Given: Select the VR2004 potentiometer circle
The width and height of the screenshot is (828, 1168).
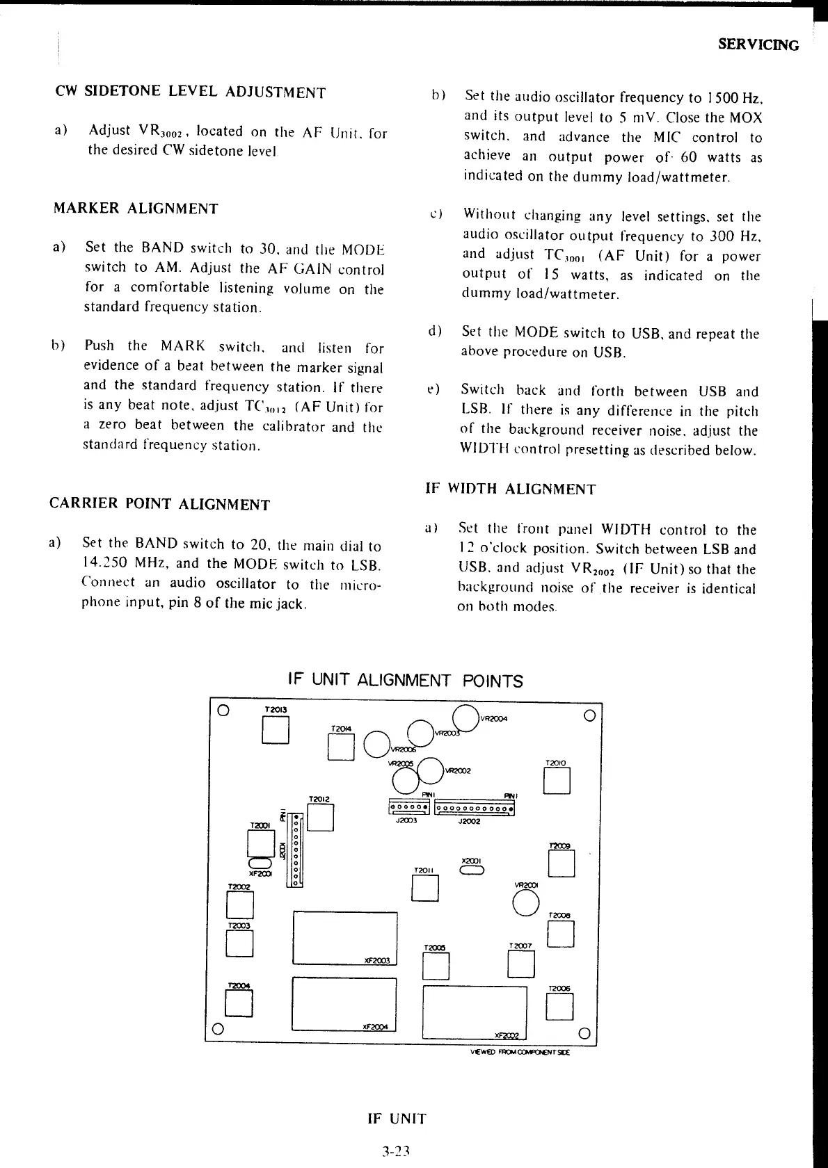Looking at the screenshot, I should tap(465, 718).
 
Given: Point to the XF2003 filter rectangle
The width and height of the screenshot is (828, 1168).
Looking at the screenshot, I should tap(345, 938).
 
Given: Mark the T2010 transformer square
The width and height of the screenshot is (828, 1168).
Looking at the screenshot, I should tap(557, 781).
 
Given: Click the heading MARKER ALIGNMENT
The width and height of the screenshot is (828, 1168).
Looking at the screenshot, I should tap(136, 209).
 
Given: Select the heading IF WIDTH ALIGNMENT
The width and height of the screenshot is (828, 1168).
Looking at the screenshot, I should tap(510, 489).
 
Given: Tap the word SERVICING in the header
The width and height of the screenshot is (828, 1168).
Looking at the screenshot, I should tap(758, 45).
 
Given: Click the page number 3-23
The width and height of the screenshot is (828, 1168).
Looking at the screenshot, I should tap(397, 1151).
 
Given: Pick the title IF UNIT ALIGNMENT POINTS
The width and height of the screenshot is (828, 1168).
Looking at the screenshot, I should tap(405, 680).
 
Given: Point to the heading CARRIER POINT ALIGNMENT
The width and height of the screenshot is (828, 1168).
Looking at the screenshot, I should tap(159, 504).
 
